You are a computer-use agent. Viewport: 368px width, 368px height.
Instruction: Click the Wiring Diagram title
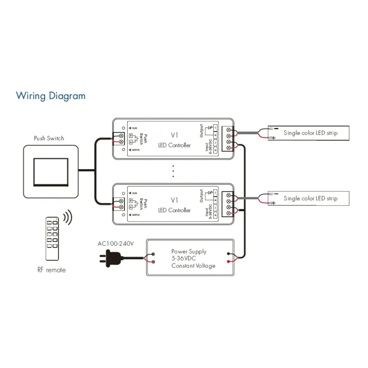50,96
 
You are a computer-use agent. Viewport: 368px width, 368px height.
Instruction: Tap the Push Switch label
49,138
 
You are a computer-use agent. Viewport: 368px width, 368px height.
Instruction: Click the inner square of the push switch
51,172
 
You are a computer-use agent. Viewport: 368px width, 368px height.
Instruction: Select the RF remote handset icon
52,239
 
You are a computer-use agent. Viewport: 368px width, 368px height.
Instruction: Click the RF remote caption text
51,270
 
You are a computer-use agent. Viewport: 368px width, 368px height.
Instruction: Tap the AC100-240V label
116,244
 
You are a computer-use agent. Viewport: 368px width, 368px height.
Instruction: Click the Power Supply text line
189,252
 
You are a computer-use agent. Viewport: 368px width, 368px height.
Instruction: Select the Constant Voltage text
193,266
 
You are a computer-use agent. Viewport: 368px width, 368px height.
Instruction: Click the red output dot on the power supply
228,262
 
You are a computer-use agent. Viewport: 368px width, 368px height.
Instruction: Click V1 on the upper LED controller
174,135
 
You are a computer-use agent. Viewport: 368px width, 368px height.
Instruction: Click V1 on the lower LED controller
174,200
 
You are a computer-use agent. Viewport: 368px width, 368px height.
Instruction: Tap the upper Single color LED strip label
310,133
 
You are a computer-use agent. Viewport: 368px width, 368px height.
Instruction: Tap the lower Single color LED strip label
310,198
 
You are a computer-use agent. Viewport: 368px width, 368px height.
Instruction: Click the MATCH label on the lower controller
136,215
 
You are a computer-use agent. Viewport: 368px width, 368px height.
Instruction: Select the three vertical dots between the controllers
173,171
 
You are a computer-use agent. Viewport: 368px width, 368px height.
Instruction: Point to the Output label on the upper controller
201,131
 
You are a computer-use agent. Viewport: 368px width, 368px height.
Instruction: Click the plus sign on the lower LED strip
274,203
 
